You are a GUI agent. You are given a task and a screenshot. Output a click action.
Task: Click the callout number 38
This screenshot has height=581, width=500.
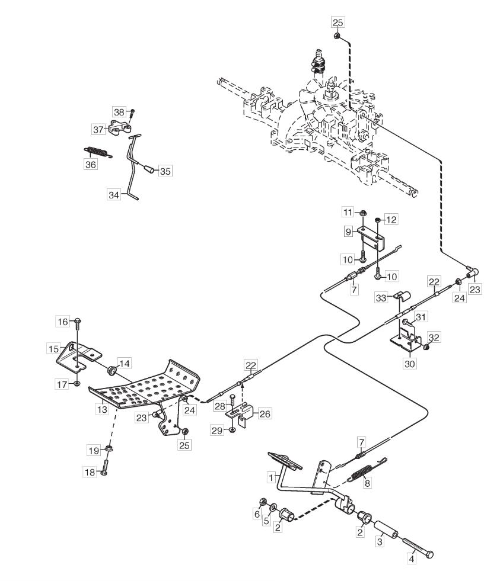119,111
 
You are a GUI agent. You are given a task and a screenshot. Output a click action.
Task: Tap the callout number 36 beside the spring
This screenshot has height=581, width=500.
90,165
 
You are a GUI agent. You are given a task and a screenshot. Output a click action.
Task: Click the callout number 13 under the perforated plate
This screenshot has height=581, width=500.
102,409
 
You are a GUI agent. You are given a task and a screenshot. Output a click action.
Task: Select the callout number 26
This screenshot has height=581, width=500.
264,413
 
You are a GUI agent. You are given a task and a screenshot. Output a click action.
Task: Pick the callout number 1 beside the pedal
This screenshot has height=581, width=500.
271,476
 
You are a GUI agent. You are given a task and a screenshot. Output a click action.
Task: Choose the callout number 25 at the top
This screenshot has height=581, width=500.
337,23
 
